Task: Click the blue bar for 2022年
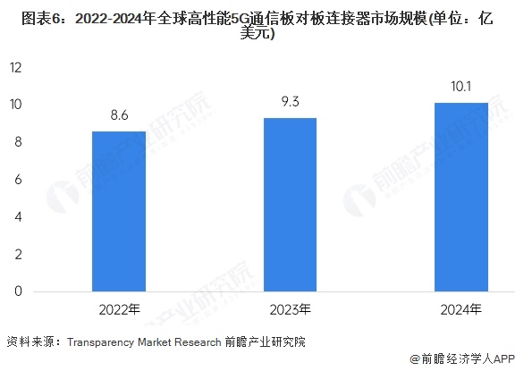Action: coord(119,212)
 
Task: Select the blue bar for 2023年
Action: coord(291,205)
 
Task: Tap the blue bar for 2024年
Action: coord(461,197)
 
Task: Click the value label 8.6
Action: coord(119,115)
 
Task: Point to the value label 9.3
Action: coord(291,101)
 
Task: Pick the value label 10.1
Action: coord(461,87)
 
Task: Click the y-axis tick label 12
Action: coord(16,67)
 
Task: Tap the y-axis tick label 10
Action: coord(16,105)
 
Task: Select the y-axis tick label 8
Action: coord(19,142)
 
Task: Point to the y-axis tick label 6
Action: coord(19,180)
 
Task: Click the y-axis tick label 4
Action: coord(19,216)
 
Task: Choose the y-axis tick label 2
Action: coord(19,254)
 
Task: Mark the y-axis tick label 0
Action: coord(19,291)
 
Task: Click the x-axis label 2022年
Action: coord(120,309)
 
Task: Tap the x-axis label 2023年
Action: coord(291,309)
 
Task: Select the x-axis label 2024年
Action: coord(461,309)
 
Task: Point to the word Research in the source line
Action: coord(198,342)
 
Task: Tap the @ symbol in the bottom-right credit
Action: coord(415,358)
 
